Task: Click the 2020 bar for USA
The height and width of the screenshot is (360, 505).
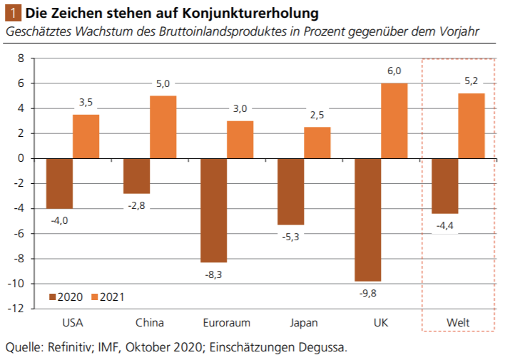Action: (59, 183)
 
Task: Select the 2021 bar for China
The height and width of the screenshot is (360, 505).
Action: (163, 127)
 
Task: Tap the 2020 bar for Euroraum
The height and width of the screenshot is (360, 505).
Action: (213, 210)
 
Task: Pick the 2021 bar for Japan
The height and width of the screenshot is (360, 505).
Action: (317, 143)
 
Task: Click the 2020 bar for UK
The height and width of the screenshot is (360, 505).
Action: (367, 220)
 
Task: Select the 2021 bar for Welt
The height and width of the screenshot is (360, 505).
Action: (471, 125)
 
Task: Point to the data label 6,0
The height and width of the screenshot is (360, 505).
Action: (394, 71)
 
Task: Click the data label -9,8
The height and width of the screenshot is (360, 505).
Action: (368, 293)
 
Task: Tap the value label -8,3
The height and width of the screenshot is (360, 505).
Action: (214, 274)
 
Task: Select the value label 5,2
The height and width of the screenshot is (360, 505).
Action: (471, 81)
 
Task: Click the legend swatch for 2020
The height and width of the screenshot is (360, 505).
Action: (53, 297)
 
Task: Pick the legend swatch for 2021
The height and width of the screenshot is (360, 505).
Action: (96, 297)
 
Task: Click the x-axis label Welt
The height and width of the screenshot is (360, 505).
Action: (458, 323)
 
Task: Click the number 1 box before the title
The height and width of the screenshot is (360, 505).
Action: (11, 14)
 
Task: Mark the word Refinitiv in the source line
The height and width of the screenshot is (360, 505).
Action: (73, 348)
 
